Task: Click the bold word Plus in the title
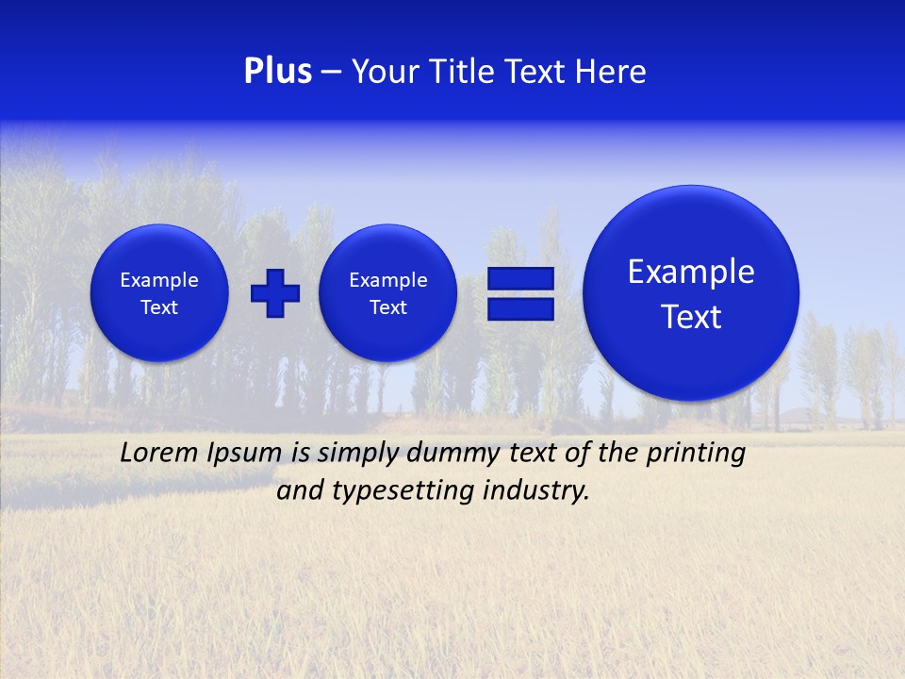point(277,72)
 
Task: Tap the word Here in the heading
point(610,72)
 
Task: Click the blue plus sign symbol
point(275,292)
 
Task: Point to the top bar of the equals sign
point(520,278)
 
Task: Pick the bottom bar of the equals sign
point(520,309)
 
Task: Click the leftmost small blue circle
point(159,292)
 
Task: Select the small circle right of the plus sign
point(388,292)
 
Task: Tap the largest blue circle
point(691,292)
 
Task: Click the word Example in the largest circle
point(691,272)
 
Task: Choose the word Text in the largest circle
point(691,317)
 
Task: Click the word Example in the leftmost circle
point(159,280)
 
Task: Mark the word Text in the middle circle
point(388,307)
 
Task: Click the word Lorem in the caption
point(158,453)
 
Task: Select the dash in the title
point(331,73)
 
